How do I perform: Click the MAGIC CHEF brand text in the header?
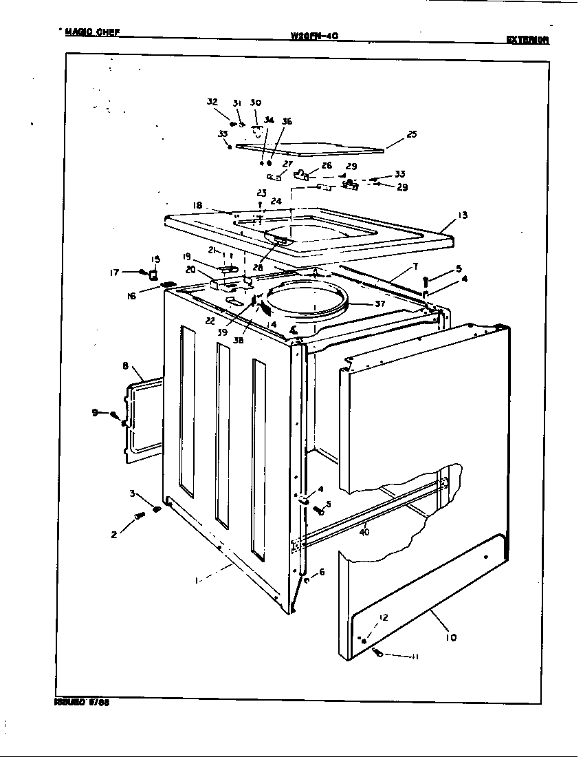(92, 32)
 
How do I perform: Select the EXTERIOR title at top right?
(527, 40)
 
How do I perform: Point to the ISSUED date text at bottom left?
(82, 703)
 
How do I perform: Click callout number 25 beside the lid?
(411, 134)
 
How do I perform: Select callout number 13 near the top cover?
(463, 215)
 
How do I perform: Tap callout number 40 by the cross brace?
(364, 531)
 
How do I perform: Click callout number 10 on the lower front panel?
(451, 637)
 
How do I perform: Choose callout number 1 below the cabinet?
(197, 581)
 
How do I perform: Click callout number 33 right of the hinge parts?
(399, 174)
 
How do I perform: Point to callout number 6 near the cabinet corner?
(322, 571)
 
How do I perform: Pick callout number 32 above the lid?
(212, 103)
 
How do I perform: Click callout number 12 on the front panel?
(384, 617)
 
